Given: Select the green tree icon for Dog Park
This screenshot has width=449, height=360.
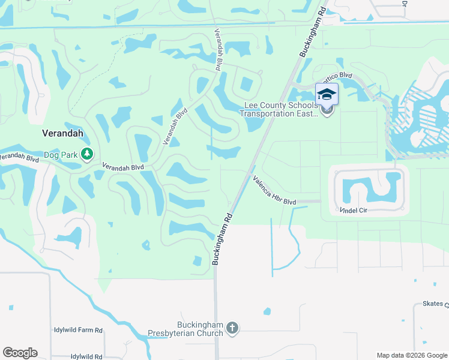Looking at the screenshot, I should tap(88, 154).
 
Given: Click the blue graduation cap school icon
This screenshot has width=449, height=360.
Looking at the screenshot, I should tap(327, 95).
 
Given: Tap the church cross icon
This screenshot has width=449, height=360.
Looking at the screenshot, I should tap(232, 328).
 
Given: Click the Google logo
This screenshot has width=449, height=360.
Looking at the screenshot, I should tap(20, 353).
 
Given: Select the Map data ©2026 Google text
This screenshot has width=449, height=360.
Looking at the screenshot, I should tap(411, 355).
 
